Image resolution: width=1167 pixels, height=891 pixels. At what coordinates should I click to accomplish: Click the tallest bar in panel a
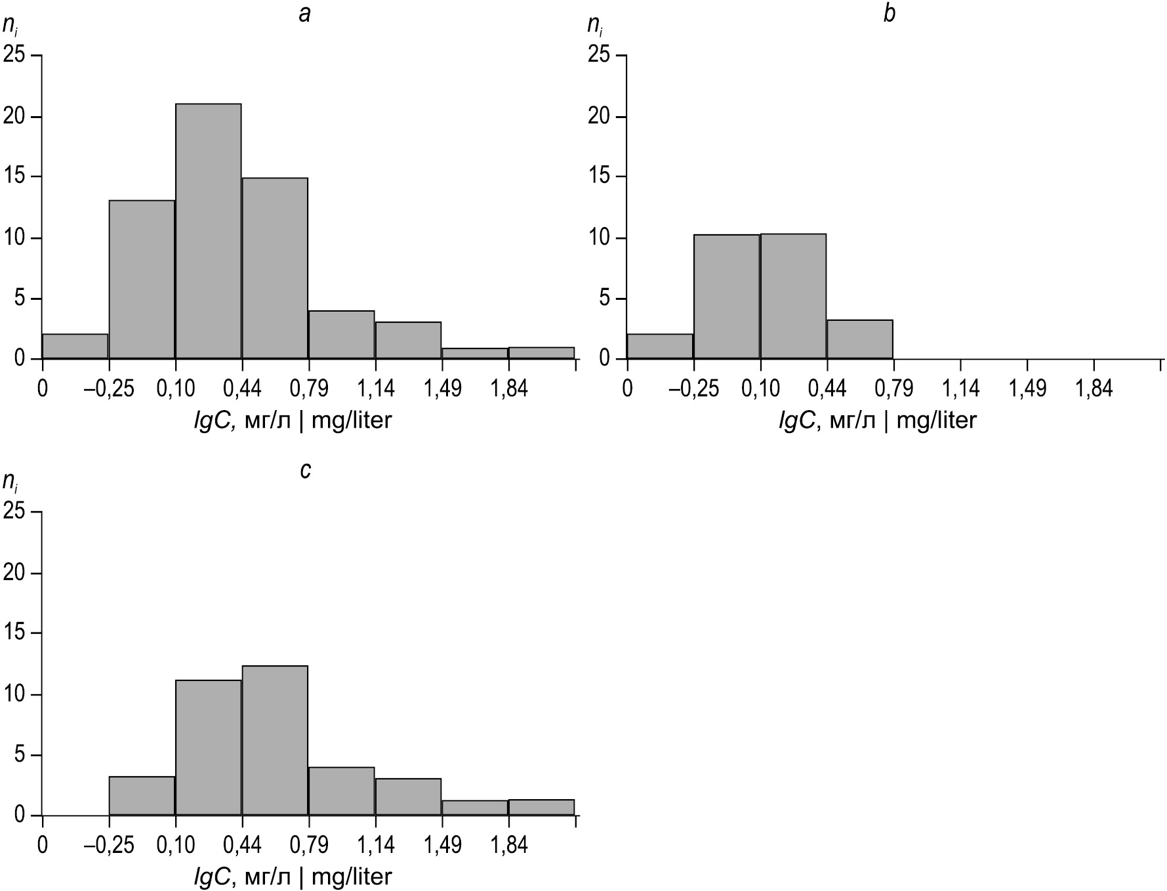pyautogui.click(x=208, y=231)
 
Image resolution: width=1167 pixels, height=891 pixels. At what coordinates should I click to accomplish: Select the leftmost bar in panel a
pyautogui.click(x=75, y=346)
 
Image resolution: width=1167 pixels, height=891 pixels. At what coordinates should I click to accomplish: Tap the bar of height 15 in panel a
pyautogui.click(x=275, y=268)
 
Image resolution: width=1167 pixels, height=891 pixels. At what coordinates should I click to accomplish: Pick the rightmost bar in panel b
pyautogui.click(x=859, y=339)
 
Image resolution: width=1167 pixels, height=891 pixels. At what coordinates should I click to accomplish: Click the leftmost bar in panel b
pyautogui.click(x=660, y=346)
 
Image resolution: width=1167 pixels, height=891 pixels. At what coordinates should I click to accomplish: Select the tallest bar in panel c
pyautogui.click(x=275, y=741)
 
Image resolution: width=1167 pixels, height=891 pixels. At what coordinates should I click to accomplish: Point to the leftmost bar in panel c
pyautogui.click(x=142, y=796)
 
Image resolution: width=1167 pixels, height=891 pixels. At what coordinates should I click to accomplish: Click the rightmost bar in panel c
pyautogui.click(x=541, y=807)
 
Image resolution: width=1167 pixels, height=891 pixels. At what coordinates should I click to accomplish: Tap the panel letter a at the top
pyautogui.click(x=304, y=14)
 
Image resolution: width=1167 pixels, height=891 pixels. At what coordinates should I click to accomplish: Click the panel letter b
pyautogui.click(x=889, y=14)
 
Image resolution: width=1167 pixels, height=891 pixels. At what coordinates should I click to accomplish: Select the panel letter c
pyautogui.click(x=304, y=471)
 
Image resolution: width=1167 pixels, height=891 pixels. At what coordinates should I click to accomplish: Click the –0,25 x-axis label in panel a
pyautogui.click(x=108, y=389)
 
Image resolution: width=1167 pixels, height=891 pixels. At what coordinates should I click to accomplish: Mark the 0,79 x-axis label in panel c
pyautogui.click(x=308, y=846)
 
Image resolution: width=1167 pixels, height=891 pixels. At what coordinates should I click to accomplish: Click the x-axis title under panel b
pyautogui.click(x=877, y=420)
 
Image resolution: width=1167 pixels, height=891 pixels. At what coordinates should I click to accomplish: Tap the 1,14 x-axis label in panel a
pyautogui.click(x=375, y=389)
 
